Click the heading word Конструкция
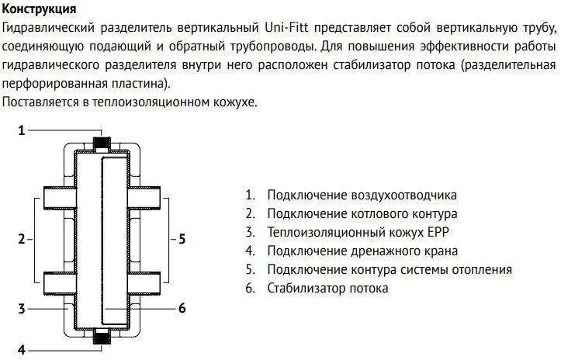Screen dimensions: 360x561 40,10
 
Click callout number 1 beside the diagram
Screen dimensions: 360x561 22,130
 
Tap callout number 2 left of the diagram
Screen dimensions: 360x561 22,238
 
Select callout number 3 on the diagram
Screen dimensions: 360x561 22,308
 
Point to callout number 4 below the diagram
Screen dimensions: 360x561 22,349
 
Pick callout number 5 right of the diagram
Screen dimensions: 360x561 182,238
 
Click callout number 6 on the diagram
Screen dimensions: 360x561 182,308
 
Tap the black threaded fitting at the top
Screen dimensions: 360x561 101,144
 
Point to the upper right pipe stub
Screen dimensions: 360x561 145,198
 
